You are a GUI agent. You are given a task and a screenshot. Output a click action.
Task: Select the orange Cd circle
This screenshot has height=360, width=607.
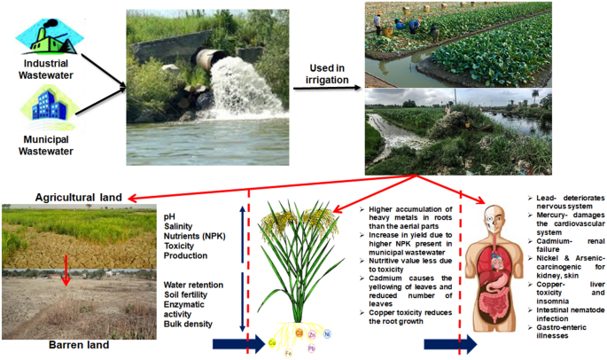tap(299, 333)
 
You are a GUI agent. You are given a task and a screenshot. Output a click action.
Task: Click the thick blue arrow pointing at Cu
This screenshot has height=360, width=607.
tap(241, 344)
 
